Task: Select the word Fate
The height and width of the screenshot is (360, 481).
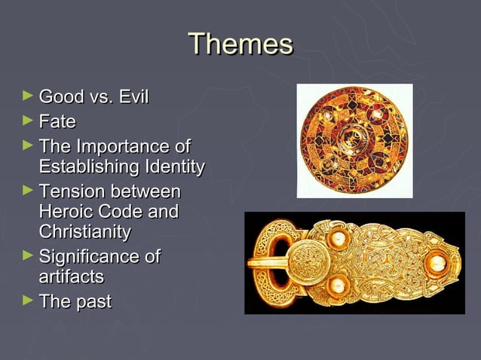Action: [x=57, y=121]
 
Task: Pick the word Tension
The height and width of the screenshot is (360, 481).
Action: [x=73, y=191]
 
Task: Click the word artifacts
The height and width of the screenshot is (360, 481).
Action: [x=71, y=277]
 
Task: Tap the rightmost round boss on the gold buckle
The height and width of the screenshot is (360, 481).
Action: [x=436, y=264]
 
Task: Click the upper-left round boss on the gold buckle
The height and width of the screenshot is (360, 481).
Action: [x=336, y=239]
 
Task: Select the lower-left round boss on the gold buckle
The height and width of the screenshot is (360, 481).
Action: [x=337, y=285]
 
